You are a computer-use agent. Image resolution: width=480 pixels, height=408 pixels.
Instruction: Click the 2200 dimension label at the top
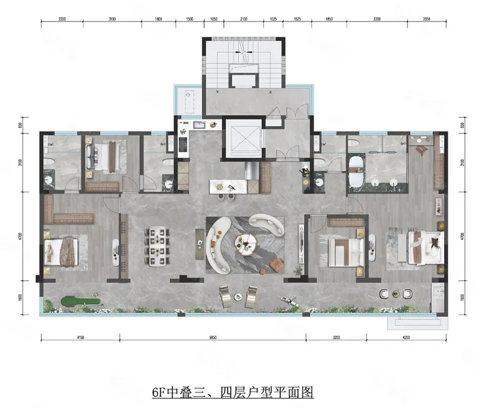click(62, 19)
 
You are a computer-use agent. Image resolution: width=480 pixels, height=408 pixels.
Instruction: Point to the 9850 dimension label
click(213, 338)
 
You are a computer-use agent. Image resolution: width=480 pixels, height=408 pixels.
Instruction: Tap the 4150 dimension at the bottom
click(81, 338)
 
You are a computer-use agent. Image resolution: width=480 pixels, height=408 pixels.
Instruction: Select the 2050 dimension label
click(427, 19)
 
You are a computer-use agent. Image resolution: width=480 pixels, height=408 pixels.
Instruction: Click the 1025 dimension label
click(273, 19)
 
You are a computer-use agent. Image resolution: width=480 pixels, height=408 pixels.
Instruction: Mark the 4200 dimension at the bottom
click(406, 338)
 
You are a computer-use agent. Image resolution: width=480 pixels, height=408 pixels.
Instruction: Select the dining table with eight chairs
click(158, 246)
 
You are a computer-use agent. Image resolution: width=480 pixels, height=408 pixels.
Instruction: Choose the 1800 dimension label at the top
click(158, 19)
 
